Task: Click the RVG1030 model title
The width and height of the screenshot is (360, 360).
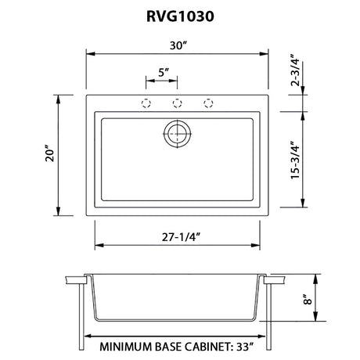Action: pyautogui.click(x=180, y=16)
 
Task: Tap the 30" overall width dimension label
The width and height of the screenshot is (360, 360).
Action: pyautogui.click(x=178, y=45)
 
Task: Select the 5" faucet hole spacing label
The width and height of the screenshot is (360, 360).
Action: pyautogui.click(x=164, y=72)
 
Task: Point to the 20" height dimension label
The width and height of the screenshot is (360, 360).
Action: pyautogui.click(x=50, y=155)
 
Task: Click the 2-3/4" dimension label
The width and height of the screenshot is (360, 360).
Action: pyautogui.click(x=296, y=70)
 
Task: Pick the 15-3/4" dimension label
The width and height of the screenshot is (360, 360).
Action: pyautogui.click(x=296, y=160)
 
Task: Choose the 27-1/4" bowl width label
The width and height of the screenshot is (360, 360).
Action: pyautogui.click(x=181, y=237)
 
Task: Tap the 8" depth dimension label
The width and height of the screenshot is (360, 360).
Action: pyautogui.click(x=308, y=299)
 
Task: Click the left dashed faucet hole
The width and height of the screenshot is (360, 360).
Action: pyautogui.click(x=146, y=103)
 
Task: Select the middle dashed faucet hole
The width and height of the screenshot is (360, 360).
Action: pyautogui.click(x=177, y=103)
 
